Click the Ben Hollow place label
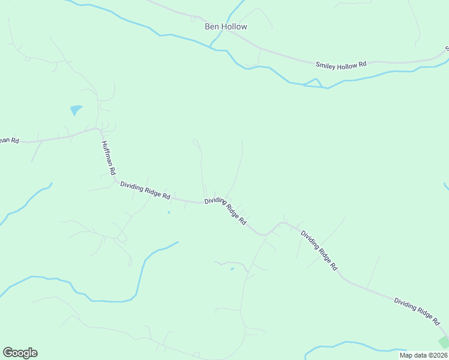pyautogui.click(x=226, y=26)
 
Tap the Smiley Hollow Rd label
pyautogui.click(x=341, y=62)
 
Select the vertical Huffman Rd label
pyautogui.click(x=108, y=157)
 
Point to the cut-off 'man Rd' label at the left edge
pyautogui.click(x=9, y=140)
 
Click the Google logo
pyautogui.click(x=20, y=353)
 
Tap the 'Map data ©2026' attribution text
pyautogui.click(x=423, y=355)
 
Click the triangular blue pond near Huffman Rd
pyautogui.click(x=76, y=110)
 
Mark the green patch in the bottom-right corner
pyautogui.click(x=444, y=342)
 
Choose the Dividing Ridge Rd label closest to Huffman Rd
pyautogui.click(x=145, y=190)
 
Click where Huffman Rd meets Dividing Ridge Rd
pyautogui.click(x=115, y=178)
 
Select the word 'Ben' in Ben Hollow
pyautogui.click(x=212, y=26)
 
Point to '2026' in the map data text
pyautogui.click(x=438, y=355)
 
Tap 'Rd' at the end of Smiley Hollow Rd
pyautogui.click(x=362, y=62)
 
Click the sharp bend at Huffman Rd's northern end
pyautogui.click(x=98, y=128)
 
